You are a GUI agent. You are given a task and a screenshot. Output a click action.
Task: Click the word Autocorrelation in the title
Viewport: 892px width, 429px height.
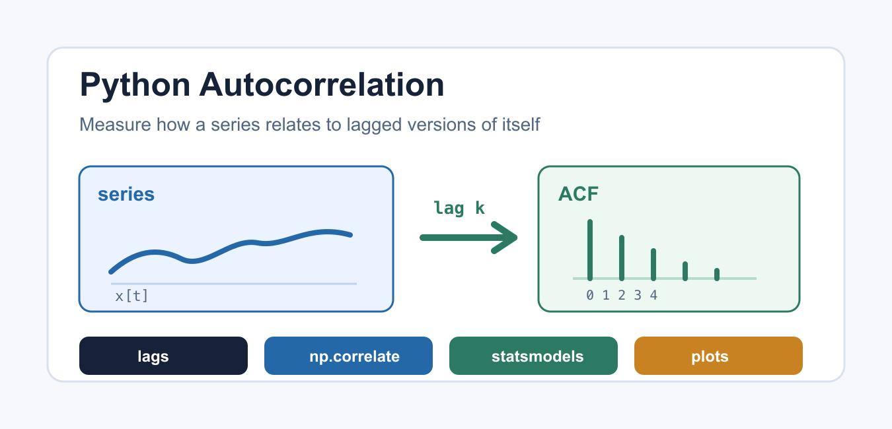point(322,84)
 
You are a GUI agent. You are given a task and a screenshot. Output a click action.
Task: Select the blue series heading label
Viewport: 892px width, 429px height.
point(126,195)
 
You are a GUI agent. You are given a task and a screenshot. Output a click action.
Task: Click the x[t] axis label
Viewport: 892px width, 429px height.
point(131,296)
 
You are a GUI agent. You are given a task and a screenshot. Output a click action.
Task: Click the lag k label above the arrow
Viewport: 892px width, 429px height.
point(459,208)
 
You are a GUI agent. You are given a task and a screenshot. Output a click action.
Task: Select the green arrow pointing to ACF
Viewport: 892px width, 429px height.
point(468,238)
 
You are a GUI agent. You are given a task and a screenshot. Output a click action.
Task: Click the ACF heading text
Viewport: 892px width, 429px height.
point(578,194)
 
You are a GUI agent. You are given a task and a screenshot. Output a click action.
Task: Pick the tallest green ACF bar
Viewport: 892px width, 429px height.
point(590,250)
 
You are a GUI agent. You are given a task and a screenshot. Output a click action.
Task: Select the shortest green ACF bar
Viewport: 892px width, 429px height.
point(717,275)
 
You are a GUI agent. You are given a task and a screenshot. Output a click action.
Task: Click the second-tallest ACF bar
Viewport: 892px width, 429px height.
point(622,258)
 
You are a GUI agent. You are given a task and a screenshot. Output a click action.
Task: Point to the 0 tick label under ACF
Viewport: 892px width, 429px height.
point(590,295)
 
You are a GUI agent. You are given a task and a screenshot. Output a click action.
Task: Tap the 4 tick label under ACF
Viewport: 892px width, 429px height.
point(653,295)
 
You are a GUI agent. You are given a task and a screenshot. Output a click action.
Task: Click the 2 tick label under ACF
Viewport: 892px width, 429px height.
point(622,295)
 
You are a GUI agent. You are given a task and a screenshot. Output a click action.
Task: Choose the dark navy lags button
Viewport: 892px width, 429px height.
point(163,356)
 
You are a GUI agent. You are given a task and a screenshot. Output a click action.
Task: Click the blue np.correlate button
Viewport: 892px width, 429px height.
point(348,356)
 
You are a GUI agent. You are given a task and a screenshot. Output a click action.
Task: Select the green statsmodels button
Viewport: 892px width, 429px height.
point(534,356)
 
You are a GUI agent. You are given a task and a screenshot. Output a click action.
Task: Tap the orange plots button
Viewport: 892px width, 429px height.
point(718,356)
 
